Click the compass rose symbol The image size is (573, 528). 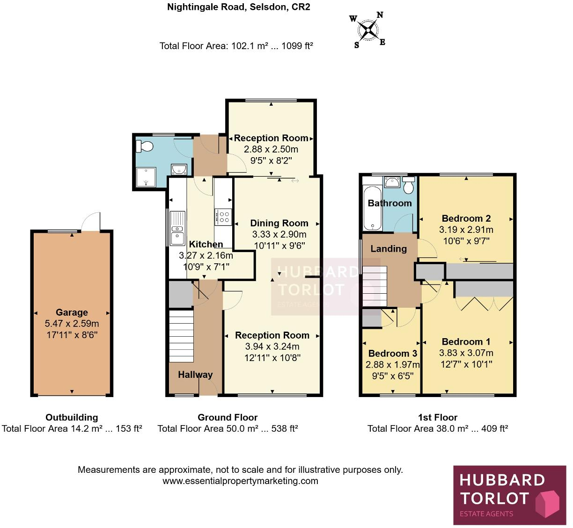click(x=369, y=30)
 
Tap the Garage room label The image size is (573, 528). click(x=72, y=312)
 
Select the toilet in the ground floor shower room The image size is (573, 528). click(x=145, y=147)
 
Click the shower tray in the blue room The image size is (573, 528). click(x=145, y=176)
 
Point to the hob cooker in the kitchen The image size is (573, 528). click(x=223, y=217)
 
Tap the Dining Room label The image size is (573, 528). click(x=279, y=223)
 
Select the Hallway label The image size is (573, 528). click(x=195, y=375)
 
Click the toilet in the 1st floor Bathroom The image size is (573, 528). click(x=408, y=186)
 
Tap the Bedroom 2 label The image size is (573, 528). click(x=466, y=218)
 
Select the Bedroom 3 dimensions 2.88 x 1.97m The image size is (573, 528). click(x=392, y=365)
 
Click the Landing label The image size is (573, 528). click(x=389, y=249)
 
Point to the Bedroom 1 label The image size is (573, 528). click(x=466, y=342)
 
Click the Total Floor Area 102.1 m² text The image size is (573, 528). click(x=236, y=46)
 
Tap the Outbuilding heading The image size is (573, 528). click(x=72, y=417)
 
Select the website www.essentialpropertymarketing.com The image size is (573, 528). click(x=240, y=481)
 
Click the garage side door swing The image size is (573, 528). click(x=90, y=222)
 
